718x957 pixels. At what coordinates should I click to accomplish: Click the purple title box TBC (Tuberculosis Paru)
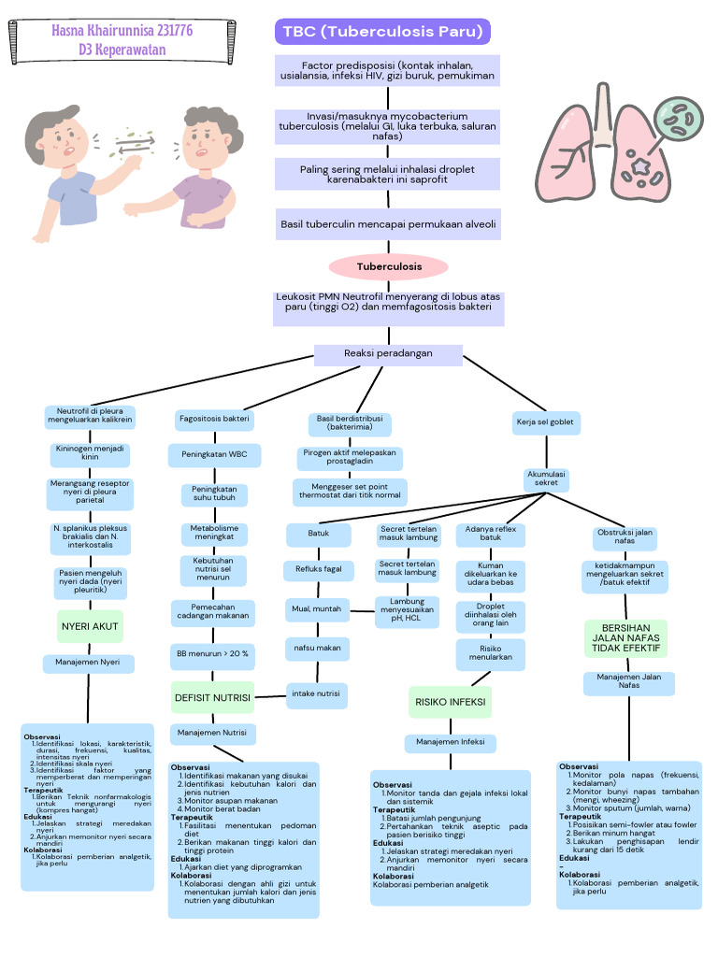(x=382, y=32)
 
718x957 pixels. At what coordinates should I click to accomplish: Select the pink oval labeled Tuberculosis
(x=389, y=266)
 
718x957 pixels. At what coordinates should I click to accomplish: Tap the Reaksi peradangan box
(x=388, y=354)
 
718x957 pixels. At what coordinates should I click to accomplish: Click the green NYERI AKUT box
(x=90, y=625)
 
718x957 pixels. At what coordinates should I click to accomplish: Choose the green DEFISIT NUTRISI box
(x=212, y=697)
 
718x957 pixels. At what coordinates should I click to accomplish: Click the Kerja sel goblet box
(x=546, y=422)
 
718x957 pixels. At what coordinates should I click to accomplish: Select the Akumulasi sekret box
(x=546, y=478)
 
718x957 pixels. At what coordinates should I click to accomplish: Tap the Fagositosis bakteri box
(x=214, y=419)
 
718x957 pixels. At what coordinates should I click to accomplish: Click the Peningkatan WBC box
(x=213, y=455)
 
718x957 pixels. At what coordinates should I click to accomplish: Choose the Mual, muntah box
(x=317, y=609)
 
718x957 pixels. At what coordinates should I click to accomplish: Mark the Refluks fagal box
(x=318, y=568)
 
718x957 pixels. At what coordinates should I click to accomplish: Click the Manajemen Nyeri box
(x=89, y=664)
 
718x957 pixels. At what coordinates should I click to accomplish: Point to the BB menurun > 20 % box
(x=213, y=654)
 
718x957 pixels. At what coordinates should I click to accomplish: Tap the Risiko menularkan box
(x=490, y=652)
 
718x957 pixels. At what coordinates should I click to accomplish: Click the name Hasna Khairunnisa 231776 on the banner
(x=122, y=31)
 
